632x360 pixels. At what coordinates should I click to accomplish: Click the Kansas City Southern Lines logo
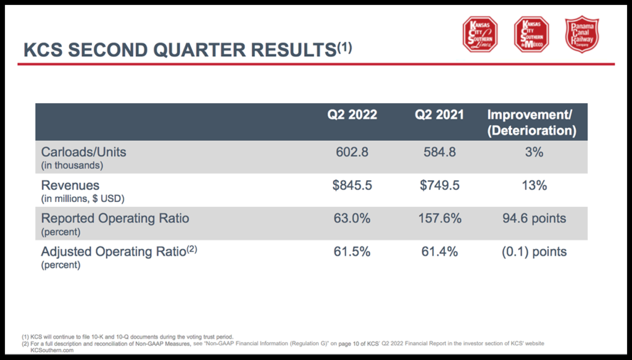(x=480, y=34)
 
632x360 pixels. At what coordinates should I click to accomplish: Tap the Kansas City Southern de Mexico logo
(x=531, y=34)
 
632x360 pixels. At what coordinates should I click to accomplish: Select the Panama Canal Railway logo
(x=582, y=34)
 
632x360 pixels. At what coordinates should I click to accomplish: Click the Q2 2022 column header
(x=352, y=114)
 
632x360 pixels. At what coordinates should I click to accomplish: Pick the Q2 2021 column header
(x=440, y=114)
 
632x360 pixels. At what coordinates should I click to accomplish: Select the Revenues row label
(x=70, y=185)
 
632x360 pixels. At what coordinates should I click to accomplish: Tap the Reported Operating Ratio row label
(x=115, y=219)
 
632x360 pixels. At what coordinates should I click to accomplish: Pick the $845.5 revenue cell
(x=352, y=185)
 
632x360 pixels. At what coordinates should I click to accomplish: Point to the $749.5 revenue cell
(x=439, y=185)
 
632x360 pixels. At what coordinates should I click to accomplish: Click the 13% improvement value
(x=533, y=185)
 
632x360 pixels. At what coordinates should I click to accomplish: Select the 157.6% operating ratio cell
(x=439, y=219)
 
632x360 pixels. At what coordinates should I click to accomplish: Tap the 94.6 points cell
(x=533, y=219)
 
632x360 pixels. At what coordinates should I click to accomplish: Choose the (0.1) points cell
(x=533, y=252)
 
